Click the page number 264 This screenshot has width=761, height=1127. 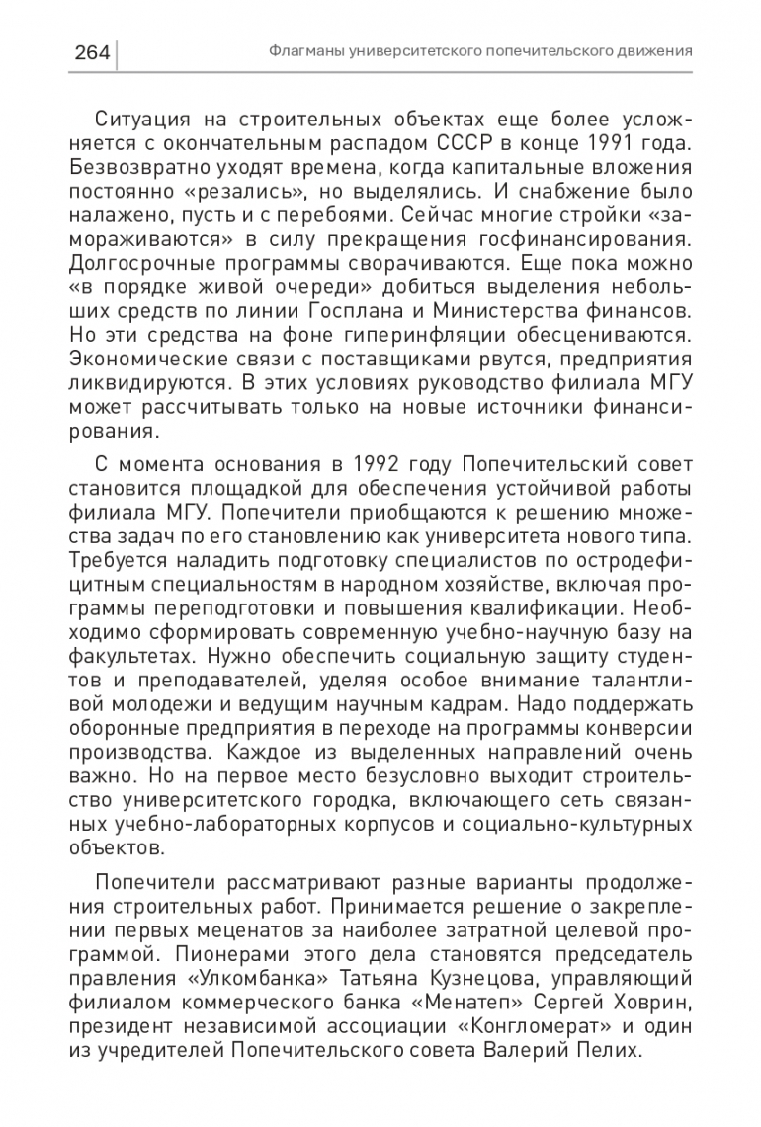tap(91, 50)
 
